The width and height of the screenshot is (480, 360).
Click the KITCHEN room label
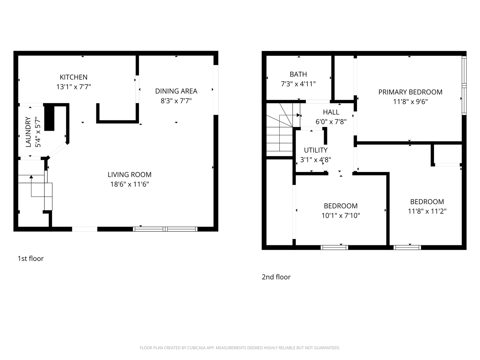[73, 77]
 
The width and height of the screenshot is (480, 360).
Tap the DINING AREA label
[176, 91]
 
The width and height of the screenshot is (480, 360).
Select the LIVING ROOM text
[129, 174]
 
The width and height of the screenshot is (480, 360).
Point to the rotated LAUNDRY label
[28, 132]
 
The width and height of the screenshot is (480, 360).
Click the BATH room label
[298, 74]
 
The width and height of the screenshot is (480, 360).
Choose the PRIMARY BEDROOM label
[410, 92]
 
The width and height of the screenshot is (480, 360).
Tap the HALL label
[331, 112]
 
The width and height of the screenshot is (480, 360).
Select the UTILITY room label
[315, 150]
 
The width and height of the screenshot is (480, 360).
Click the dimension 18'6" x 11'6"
[129, 184]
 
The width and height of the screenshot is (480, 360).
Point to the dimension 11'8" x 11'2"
[427, 211]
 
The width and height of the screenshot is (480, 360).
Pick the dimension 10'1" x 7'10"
[340, 216]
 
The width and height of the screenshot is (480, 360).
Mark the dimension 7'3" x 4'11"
[298, 84]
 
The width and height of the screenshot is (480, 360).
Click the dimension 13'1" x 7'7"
[73, 87]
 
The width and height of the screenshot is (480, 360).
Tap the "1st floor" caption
[30, 258]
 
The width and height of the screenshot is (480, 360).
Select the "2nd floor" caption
[276, 277]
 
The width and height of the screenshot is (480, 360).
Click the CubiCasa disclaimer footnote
[240, 348]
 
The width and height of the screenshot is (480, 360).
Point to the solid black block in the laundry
[49, 117]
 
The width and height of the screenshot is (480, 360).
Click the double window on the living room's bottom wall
[165, 229]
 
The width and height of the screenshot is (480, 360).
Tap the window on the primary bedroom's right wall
[464, 86]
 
